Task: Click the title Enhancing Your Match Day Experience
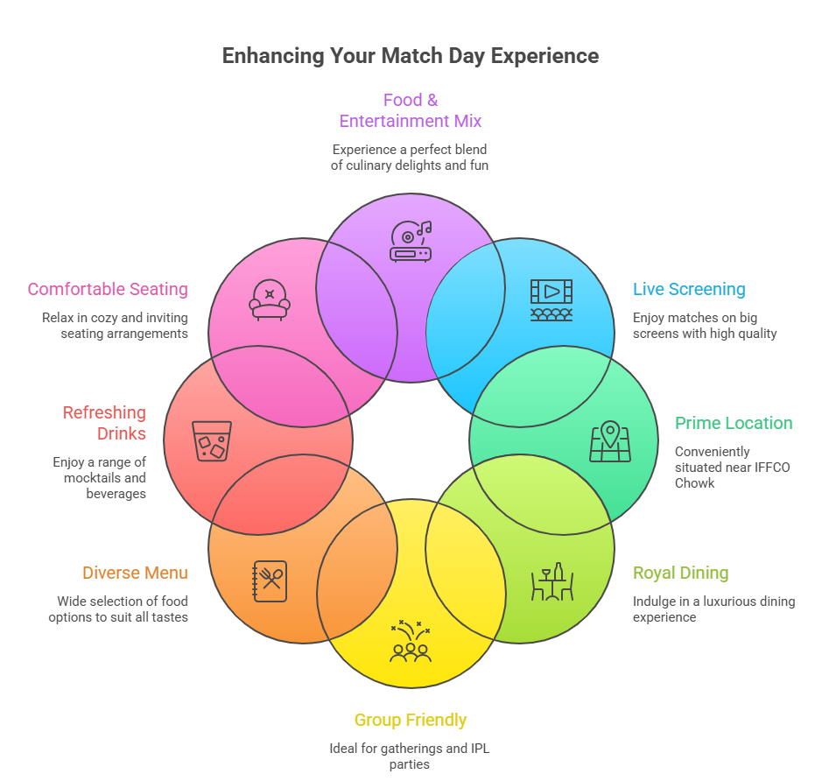pyautogui.click(x=410, y=56)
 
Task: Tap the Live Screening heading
pyautogui.click(x=689, y=289)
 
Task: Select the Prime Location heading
pyautogui.click(x=734, y=423)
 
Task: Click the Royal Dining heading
pyautogui.click(x=680, y=573)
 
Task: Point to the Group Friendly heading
pyautogui.click(x=411, y=720)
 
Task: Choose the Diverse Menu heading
pyautogui.click(x=135, y=573)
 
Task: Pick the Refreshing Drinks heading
pyautogui.click(x=104, y=423)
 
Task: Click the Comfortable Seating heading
pyautogui.click(x=108, y=289)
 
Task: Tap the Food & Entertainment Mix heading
pyautogui.click(x=411, y=110)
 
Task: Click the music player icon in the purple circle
pyautogui.click(x=411, y=241)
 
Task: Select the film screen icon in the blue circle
pyautogui.click(x=552, y=299)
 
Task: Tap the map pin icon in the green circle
pyautogui.click(x=610, y=442)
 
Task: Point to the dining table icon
pyautogui.click(x=552, y=582)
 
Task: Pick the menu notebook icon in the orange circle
pyautogui.click(x=270, y=580)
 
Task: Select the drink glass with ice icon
pyautogui.click(x=212, y=441)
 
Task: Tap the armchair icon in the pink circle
pyautogui.click(x=270, y=299)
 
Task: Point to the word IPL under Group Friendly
pyautogui.click(x=480, y=749)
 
